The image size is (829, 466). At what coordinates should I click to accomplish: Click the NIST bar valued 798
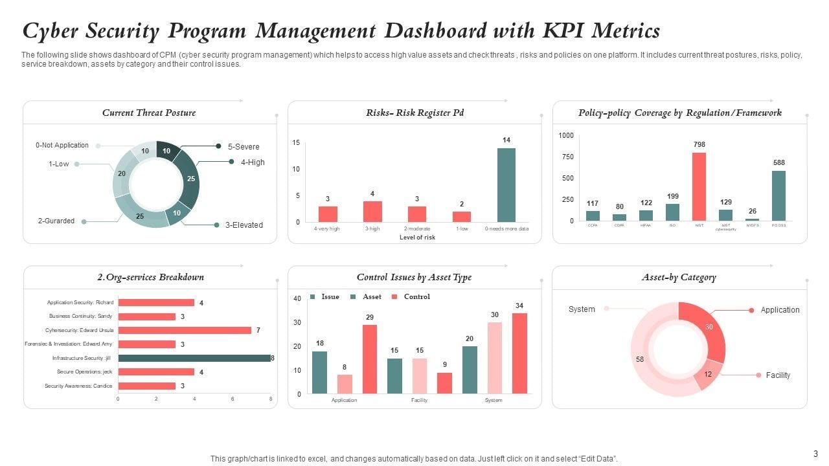699,186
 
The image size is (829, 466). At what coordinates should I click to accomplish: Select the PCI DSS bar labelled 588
778,195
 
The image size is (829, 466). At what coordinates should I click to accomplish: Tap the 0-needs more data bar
506,185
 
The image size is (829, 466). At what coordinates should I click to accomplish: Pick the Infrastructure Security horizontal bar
194,358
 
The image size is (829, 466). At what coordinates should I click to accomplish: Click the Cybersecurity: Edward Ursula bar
185,330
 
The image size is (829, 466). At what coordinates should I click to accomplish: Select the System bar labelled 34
519,353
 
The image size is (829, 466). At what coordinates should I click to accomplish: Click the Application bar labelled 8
345,384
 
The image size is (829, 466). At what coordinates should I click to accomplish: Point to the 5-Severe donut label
244,147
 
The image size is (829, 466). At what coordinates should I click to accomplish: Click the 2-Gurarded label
56,221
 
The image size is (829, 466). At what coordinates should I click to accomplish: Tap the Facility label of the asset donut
778,375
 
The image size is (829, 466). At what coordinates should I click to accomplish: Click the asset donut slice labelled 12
708,375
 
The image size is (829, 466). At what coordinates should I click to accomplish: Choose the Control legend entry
416,297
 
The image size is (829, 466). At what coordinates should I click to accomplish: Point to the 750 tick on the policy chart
567,157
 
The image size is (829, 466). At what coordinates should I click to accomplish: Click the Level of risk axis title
418,238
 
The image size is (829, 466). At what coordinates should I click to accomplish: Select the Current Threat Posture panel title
149,113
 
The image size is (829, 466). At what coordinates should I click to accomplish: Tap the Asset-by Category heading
679,278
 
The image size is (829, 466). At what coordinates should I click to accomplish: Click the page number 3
815,454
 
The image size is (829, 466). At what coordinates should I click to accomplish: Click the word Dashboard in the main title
444,31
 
